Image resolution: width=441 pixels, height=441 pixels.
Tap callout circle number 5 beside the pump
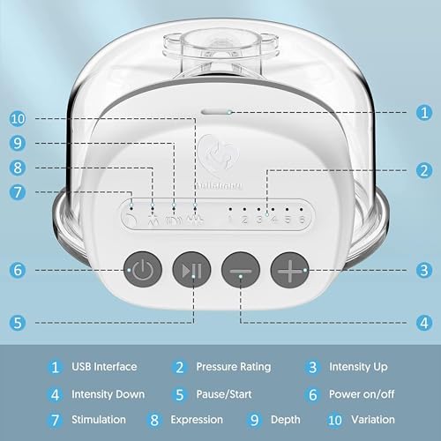point(18,323)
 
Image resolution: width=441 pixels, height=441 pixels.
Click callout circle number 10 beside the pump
point(18,118)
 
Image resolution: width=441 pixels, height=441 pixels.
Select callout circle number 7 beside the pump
point(18,190)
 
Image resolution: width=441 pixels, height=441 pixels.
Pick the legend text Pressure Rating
point(234,366)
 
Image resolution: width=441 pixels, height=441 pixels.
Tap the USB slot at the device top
point(216,113)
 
